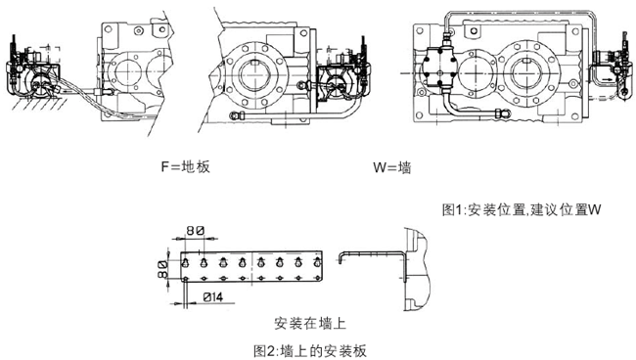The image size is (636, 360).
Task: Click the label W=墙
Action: tap(392, 166)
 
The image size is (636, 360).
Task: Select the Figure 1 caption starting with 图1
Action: tap(520, 209)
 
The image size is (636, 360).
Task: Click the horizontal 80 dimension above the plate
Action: tap(194, 232)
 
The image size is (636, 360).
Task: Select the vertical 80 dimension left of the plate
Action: tap(162, 270)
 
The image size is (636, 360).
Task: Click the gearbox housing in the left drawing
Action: tap(127, 68)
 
